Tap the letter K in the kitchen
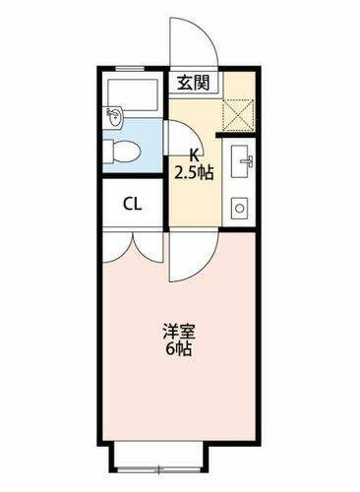coord(195,154)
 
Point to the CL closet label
coord(131,206)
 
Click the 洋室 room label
coord(179,332)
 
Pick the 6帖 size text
coord(179,348)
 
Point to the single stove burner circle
coord(239,209)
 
